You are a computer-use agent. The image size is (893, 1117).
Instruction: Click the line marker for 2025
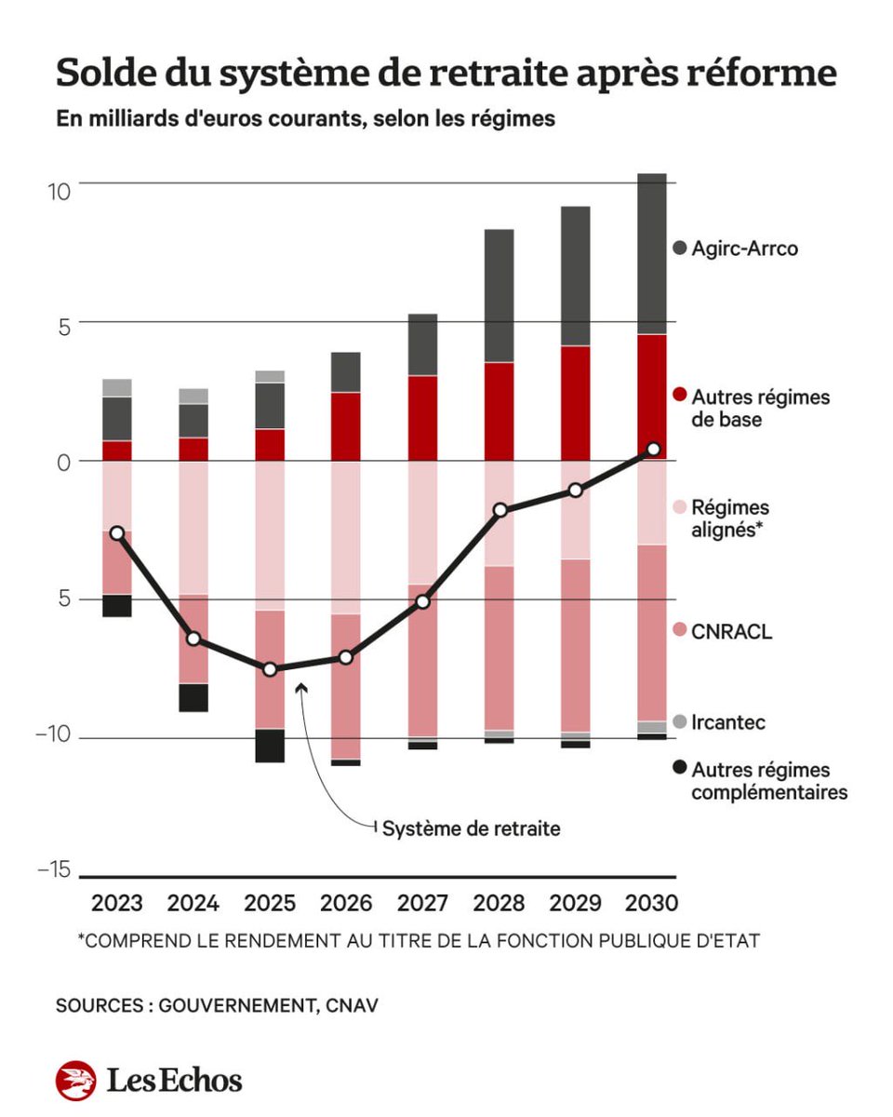pyautogui.click(x=270, y=669)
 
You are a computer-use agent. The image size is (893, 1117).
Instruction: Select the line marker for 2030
pyautogui.click(x=653, y=450)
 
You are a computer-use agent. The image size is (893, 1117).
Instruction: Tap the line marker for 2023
pyautogui.click(x=116, y=533)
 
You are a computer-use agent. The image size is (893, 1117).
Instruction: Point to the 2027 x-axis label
pyautogui.click(x=422, y=903)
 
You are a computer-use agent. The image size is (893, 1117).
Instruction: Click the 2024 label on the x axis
pyautogui.click(x=193, y=903)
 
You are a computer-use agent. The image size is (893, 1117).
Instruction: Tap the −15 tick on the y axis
pyautogui.click(x=54, y=870)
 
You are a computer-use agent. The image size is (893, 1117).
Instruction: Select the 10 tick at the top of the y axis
pyautogui.click(x=60, y=192)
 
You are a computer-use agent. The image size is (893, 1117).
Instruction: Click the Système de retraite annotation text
pyautogui.click(x=472, y=828)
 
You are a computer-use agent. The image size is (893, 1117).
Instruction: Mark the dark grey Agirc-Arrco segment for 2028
pyautogui.click(x=500, y=295)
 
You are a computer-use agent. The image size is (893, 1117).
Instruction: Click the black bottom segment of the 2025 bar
pyautogui.click(x=270, y=746)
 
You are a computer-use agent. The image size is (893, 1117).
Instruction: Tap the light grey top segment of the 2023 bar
pyautogui.click(x=116, y=387)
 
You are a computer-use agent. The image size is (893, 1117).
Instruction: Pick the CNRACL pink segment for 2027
pyautogui.click(x=422, y=661)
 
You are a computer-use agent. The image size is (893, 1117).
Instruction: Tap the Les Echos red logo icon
pyautogui.click(x=75, y=1081)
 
